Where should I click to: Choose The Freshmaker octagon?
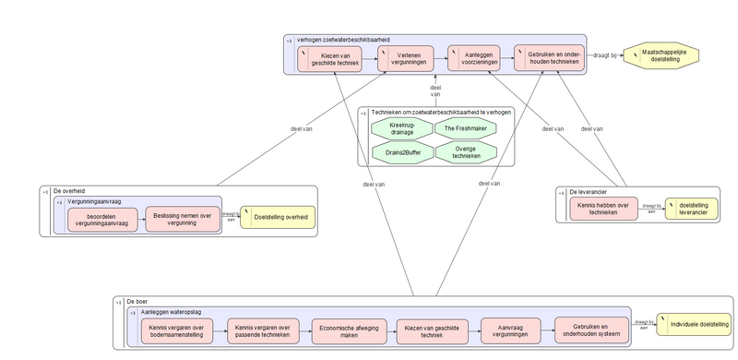pos(465,128)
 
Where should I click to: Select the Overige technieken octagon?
pos(465,150)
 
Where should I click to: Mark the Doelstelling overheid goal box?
pos(278,219)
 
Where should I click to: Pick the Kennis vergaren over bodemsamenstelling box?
pos(175,330)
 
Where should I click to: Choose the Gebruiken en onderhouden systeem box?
pos(589,330)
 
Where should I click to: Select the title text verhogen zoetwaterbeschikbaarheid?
pos(343,40)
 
